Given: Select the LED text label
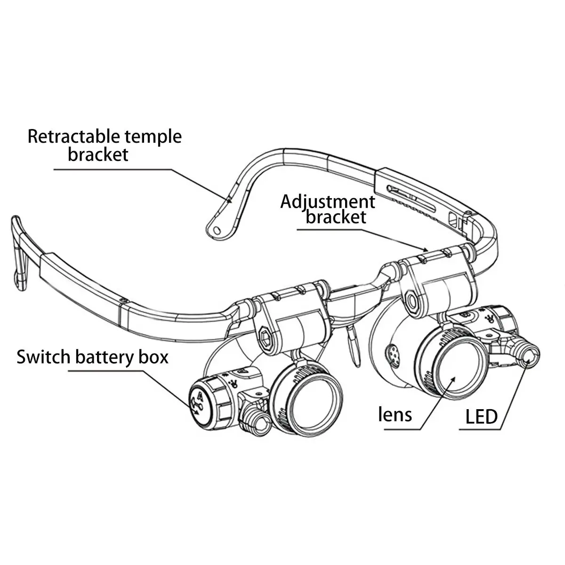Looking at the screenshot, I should coord(481,416).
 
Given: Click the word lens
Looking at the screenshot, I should coord(395,415).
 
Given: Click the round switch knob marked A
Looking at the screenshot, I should coord(199,403).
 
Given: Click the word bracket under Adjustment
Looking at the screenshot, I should coord(336,217).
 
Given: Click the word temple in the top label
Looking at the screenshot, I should coord(153,137).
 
